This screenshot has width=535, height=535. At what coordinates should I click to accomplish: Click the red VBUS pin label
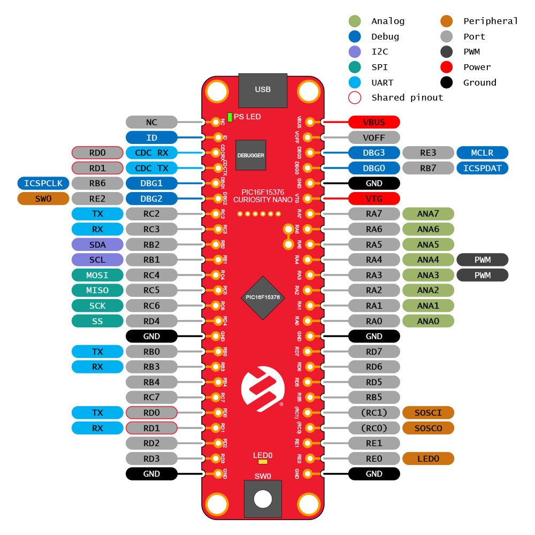(x=374, y=122)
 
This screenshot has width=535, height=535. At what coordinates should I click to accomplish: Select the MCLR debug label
(x=482, y=153)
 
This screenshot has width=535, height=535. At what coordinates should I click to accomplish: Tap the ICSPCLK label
(x=43, y=183)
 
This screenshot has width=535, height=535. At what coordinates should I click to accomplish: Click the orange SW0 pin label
(x=43, y=198)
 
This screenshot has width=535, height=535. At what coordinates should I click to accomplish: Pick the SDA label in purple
(x=97, y=244)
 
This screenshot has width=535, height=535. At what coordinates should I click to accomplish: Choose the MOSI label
(x=97, y=275)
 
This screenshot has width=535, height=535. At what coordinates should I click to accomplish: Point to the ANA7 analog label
(x=428, y=214)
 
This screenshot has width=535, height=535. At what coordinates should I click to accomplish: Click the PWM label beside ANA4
(x=482, y=259)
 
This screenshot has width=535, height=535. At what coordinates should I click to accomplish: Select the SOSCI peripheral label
(x=428, y=412)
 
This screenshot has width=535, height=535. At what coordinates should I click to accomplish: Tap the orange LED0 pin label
(x=428, y=458)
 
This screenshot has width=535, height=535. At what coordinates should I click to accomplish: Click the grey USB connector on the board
(x=263, y=90)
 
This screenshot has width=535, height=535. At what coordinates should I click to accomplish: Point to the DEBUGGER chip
(x=251, y=155)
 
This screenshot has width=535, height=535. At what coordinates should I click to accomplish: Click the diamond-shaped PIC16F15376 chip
(x=263, y=297)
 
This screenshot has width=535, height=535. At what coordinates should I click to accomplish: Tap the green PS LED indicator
(x=230, y=117)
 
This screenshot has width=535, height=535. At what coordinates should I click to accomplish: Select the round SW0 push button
(x=263, y=499)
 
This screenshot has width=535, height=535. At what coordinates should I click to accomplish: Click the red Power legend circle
(x=446, y=67)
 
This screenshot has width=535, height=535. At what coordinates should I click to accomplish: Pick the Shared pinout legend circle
(x=355, y=97)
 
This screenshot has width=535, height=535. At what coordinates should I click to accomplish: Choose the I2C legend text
(x=380, y=51)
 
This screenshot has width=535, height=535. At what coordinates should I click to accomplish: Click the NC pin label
(x=151, y=122)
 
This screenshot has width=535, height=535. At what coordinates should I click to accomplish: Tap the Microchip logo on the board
(x=263, y=388)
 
